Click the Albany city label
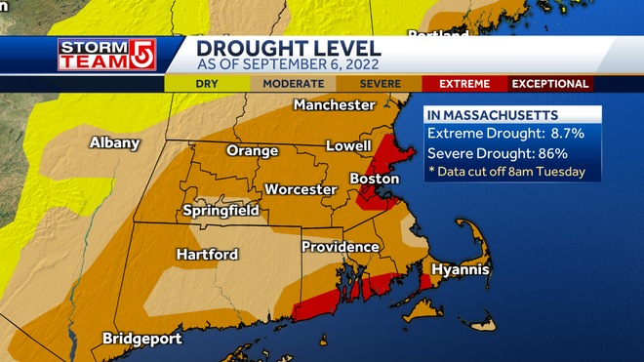coord(114,142)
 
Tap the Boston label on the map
coord(375,180)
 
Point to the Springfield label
coord(221,210)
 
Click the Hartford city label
coord(207,254)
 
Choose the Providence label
coord(340,247)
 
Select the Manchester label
coord(335,104)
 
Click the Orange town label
coord(252,150)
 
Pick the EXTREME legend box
coord(463,84)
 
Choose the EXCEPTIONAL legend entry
coord(550,84)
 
